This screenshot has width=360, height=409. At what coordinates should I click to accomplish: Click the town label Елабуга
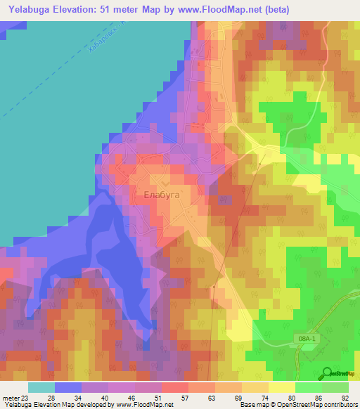(x=162, y=194)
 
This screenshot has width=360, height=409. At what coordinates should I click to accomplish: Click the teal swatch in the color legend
(x=41, y=387)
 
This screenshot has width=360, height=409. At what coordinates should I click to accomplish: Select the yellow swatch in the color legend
(x=282, y=387)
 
